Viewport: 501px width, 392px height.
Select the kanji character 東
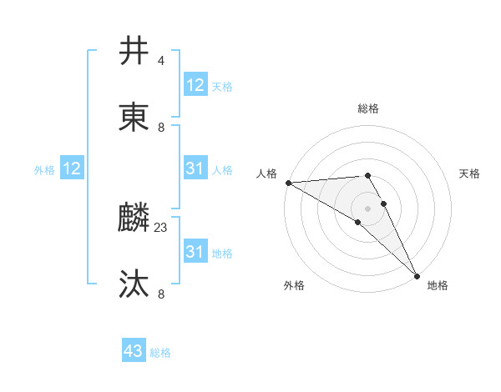pyautogui.click(x=134, y=118)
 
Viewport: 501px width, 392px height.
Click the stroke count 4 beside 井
pyautogui.click(x=160, y=60)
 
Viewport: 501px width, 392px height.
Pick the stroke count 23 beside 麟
pyautogui.click(x=161, y=227)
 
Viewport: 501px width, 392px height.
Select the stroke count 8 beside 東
pyautogui.click(x=160, y=127)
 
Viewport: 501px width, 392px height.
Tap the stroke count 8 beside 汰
pyautogui.click(x=160, y=294)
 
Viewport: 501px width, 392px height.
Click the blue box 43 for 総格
pyautogui.click(x=134, y=351)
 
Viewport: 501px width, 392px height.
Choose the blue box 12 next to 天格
pyautogui.click(x=195, y=85)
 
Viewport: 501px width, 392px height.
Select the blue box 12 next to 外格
pyautogui.click(x=71, y=169)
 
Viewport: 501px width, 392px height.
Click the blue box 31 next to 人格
pyautogui.click(x=195, y=169)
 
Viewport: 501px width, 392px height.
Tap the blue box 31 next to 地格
pyautogui.click(x=195, y=252)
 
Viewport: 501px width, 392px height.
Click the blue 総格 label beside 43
pyautogui.click(x=160, y=353)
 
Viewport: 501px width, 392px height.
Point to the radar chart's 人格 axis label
pyautogui.click(x=266, y=173)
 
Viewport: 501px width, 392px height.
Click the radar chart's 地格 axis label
pyautogui.click(x=438, y=285)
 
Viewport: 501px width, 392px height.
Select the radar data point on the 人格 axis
pyautogui.click(x=288, y=182)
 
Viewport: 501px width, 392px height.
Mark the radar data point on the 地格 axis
pyautogui.click(x=417, y=274)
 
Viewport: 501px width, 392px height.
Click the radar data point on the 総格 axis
pyautogui.click(x=367, y=175)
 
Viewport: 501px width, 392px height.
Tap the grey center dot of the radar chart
pyautogui.click(x=367, y=208)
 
